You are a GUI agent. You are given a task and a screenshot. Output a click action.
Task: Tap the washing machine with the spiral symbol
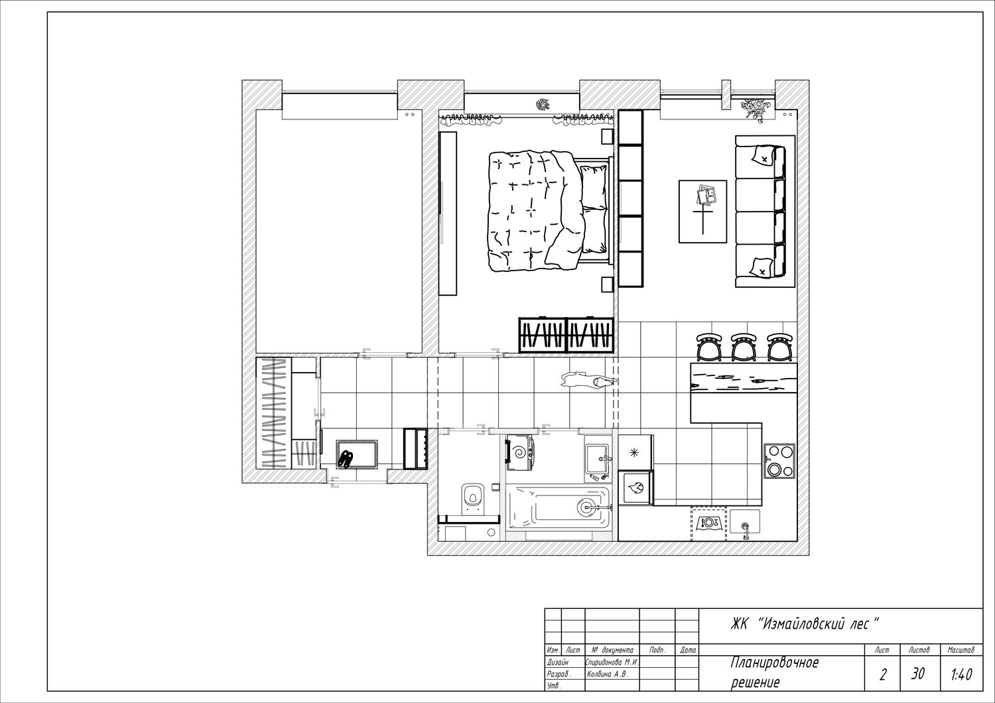pos(519,452)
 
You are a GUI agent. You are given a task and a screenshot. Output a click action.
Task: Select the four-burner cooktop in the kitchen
pos(779,461)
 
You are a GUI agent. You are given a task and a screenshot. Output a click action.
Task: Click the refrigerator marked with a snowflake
pos(635,452)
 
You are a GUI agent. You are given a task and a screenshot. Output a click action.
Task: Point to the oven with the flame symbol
pos(637,487)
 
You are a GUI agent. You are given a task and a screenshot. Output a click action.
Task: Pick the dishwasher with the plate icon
pos(709,524)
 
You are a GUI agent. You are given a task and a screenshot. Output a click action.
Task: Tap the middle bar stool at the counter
pos(744,348)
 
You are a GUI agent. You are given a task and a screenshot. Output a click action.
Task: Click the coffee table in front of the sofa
pos(702,212)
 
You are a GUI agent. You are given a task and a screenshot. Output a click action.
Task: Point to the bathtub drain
pos(586,506)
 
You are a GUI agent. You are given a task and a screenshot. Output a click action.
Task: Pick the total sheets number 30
pos(917,674)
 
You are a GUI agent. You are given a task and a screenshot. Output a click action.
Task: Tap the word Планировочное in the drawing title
pos(775,663)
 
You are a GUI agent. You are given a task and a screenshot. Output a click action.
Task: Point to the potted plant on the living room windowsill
pos(755,109)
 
